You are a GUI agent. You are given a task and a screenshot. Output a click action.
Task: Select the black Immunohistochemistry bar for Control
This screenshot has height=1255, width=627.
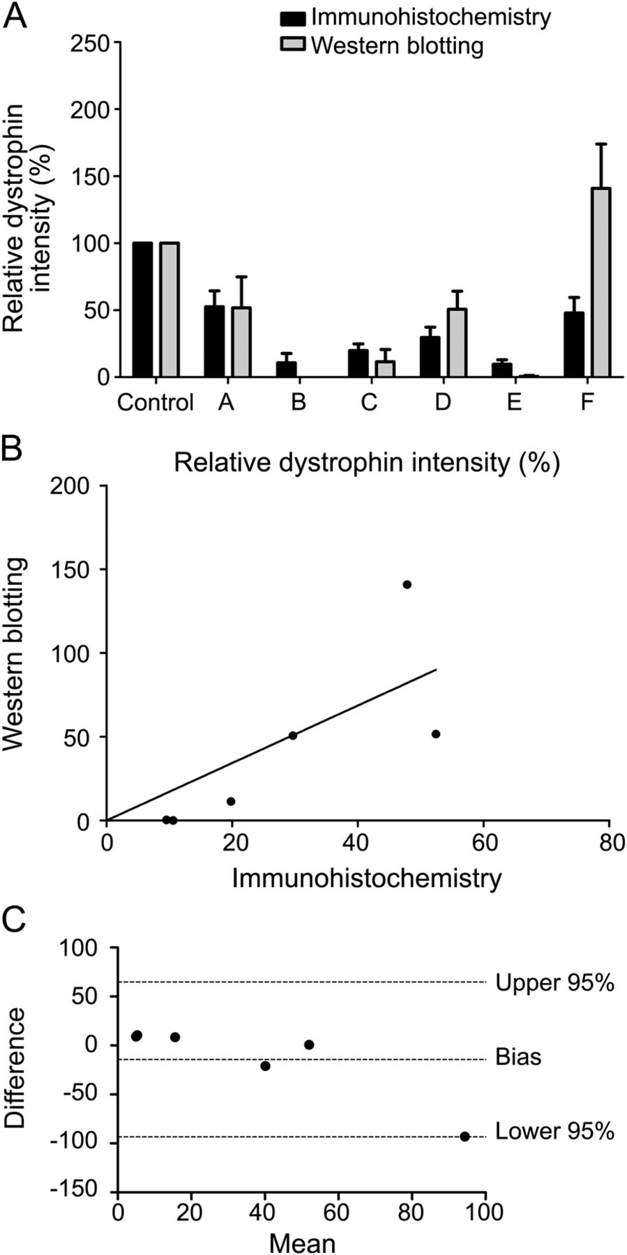[142, 310]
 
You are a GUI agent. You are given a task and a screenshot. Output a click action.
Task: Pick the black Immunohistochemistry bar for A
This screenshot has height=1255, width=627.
[214, 342]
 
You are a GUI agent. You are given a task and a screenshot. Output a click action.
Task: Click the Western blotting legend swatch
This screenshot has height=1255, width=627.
[293, 45]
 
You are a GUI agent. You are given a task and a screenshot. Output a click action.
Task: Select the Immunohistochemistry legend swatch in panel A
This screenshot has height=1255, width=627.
[293, 17]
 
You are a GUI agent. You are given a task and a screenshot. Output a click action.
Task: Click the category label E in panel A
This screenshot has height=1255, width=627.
[514, 402]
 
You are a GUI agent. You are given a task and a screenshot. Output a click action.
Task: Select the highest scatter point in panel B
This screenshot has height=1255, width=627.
[407, 584]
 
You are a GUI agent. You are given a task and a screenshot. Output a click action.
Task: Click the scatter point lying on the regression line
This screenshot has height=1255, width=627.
[293, 735]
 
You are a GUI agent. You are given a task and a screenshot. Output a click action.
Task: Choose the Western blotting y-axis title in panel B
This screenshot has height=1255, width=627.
[15, 653]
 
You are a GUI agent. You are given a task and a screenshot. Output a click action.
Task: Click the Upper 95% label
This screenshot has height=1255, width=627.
[554, 983]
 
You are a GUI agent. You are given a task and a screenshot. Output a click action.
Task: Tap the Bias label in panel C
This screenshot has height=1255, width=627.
[518, 1057]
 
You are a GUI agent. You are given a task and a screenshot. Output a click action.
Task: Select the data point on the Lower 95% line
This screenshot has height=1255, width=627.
[464, 1136]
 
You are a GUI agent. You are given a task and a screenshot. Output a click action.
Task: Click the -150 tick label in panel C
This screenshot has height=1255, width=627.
[84, 1190]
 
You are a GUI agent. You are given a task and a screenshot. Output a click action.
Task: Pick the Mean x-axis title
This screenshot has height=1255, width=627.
[302, 1242]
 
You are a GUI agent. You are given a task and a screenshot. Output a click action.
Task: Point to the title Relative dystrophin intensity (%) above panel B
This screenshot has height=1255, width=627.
[367, 463]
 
